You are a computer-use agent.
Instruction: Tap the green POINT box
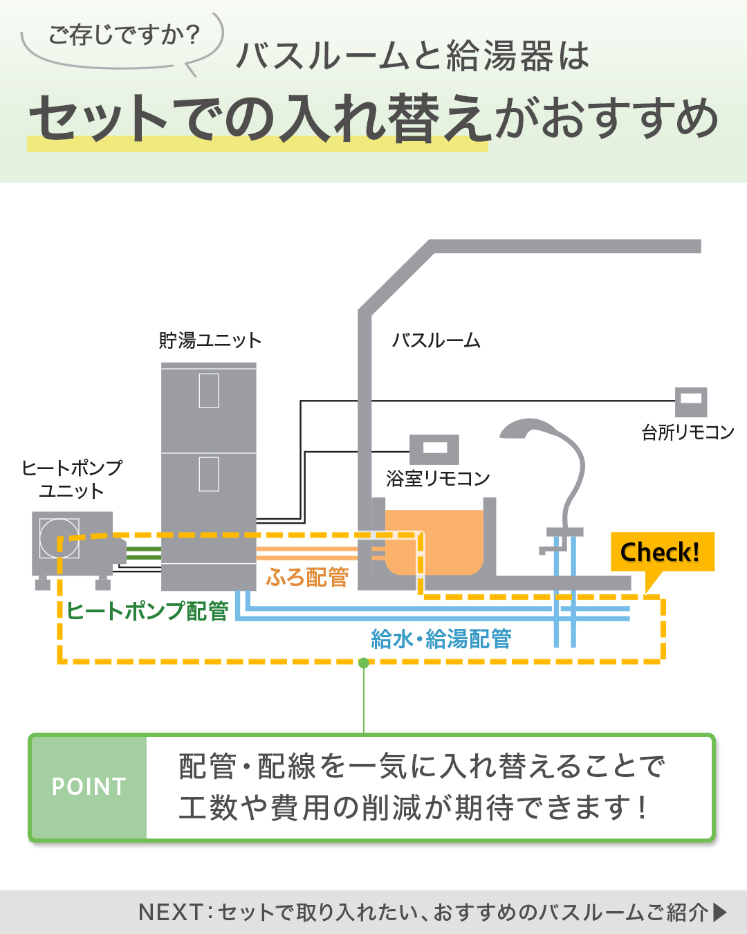coord(89,787)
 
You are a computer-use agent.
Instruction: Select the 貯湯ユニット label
coord(210,340)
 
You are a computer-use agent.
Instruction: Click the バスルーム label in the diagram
coord(436,340)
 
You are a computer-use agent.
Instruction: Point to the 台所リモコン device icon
coord(690,401)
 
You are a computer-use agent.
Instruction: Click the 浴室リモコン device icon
coord(434,449)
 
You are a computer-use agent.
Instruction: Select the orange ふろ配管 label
coord(307,577)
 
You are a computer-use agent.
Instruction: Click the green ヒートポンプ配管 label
coord(147,611)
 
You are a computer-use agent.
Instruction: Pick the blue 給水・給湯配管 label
coord(441,639)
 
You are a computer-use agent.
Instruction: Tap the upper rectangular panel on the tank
coord(209,391)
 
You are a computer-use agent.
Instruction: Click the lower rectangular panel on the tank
coord(209,474)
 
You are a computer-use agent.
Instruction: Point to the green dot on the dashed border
coord(364,663)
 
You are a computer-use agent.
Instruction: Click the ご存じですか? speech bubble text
coord(124,35)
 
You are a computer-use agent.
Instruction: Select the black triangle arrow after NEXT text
coord(720,912)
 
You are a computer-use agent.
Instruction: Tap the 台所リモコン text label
coord(688,432)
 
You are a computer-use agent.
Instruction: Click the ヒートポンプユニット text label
coord(72,479)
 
